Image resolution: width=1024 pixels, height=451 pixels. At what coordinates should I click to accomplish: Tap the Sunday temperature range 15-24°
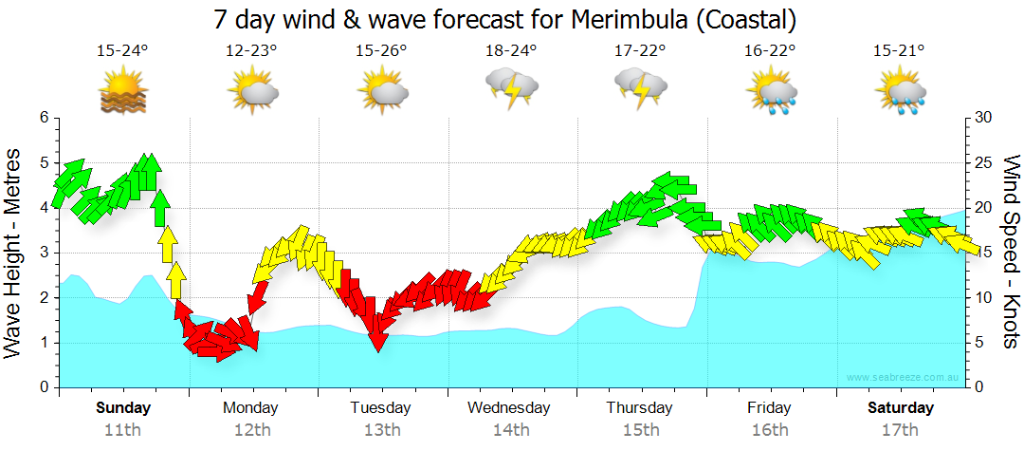tap(123, 51)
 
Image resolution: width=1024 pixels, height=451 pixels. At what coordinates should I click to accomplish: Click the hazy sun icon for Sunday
tap(123, 92)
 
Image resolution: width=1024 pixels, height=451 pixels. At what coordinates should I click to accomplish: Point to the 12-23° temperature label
tap(252, 51)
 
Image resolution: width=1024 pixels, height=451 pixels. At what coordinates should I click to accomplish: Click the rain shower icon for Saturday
tap(900, 91)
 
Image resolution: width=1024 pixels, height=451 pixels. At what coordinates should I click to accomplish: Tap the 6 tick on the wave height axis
tap(44, 118)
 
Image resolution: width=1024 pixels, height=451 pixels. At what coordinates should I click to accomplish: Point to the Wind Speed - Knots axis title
tap(1010, 253)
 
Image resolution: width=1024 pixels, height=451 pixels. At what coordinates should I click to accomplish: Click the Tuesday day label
tap(381, 408)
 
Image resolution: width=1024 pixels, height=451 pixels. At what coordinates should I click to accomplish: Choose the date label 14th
tap(511, 430)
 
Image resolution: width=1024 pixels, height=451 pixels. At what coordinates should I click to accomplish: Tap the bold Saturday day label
tap(901, 408)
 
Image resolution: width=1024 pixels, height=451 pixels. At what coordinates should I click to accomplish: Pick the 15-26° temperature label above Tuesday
tap(381, 51)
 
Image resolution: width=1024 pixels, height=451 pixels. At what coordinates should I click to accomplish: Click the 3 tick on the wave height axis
tap(44, 253)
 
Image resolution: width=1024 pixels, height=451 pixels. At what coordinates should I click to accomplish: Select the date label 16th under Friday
tap(769, 430)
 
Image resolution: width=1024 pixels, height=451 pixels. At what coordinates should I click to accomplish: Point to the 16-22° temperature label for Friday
tap(770, 51)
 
